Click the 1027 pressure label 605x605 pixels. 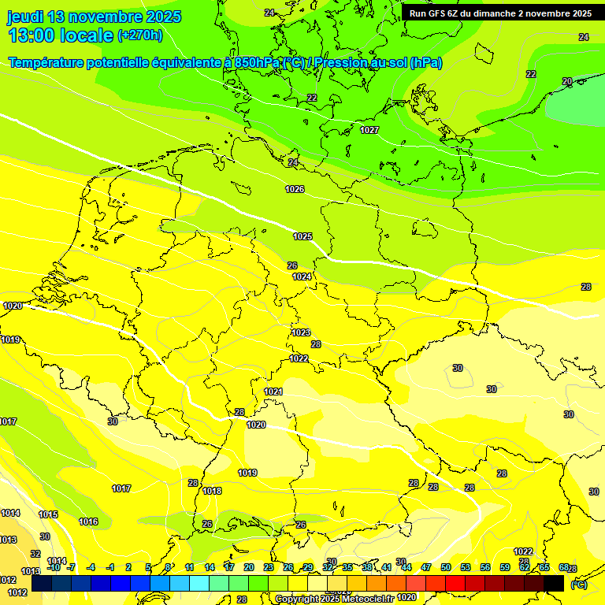tap(369, 130)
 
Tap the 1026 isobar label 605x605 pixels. tap(295, 189)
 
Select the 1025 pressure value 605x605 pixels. tap(302, 236)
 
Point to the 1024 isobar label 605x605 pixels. tap(302, 277)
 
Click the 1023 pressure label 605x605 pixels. tap(301, 332)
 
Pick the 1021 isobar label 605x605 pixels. tap(273, 392)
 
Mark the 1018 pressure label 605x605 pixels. tap(212, 491)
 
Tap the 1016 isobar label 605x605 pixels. tap(88, 521)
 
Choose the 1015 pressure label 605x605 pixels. tap(48, 514)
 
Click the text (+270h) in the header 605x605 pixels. tap(140, 35)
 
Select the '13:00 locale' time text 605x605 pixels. tap(60, 35)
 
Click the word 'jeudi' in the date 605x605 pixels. tap(26, 17)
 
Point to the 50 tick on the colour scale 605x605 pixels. tap(446, 567)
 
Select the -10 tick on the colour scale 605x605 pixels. tap(54, 567)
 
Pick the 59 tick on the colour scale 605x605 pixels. tap(505, 567)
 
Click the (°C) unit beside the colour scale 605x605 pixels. tap(578, 585)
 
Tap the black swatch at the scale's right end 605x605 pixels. tap(554, 583)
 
